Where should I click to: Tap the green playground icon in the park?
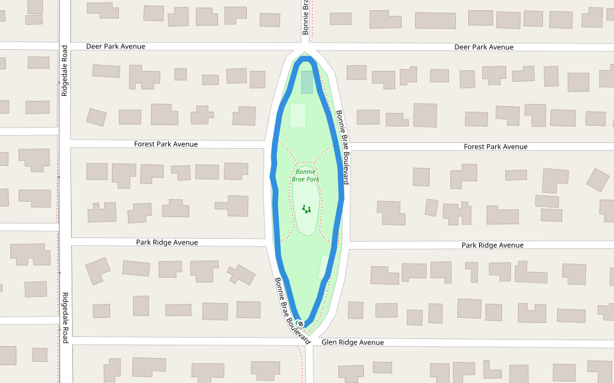[x=306, y=208]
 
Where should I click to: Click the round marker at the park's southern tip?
[x=301, y=324]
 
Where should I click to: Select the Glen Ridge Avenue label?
[x=352, y=343]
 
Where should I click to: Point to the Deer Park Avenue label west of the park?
[x=116, y=47]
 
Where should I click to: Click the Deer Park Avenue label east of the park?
[x=484, y=47]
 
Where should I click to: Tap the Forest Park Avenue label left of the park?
[x=166, y=144]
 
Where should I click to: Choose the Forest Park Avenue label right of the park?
[x=496, y=147]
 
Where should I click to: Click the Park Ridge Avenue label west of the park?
[x=167, y=243]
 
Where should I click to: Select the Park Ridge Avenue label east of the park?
[x=492, y=245]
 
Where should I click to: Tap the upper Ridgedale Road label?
[x=65, y=71]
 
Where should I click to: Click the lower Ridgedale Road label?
[x=65, y=314]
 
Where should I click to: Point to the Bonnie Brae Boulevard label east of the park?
[x=343, y=147]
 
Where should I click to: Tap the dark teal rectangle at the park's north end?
[x=307, y=82]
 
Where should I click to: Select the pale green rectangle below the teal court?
[x=298, y=115]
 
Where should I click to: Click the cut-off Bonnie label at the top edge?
[x=306, y=17]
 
